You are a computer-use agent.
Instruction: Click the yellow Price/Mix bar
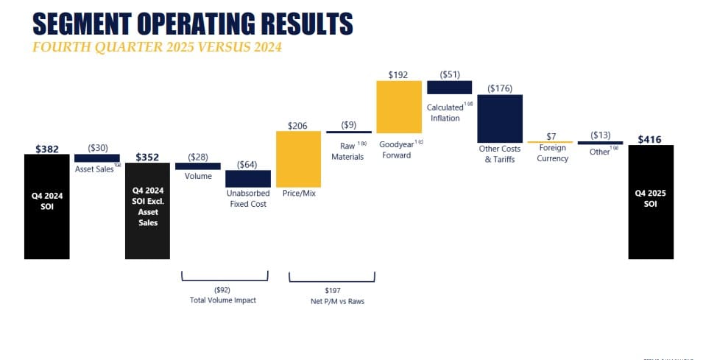(x=298, y=159)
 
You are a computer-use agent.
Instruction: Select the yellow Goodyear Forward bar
(x=398, y=106)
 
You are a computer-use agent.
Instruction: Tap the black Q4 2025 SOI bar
(x=651, y=202)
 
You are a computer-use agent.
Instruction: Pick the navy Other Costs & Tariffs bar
(x=500, y=119)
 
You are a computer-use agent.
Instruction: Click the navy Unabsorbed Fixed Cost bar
(x=247, y=179)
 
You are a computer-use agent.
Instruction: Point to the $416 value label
(x=651, y=138)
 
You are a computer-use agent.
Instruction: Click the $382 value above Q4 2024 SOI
(x=46, y=149)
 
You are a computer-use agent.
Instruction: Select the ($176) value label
(x=500, y=88)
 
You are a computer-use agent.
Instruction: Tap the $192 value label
(x=398, y=75)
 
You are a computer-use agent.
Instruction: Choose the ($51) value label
(x=449, y=75)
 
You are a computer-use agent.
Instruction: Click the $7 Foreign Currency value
(x=550, y=135)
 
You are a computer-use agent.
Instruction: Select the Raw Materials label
(x=347, y=151)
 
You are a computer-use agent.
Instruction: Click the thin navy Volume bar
(x=197, y=166)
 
